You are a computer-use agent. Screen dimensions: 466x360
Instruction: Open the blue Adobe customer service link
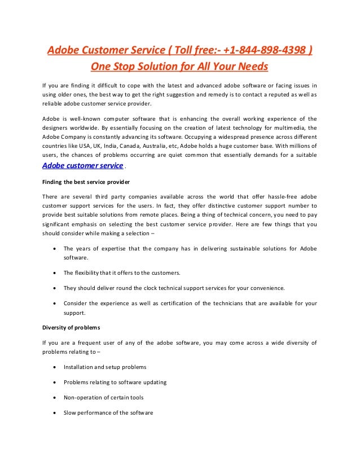82,166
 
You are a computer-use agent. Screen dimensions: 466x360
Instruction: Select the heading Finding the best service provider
85,182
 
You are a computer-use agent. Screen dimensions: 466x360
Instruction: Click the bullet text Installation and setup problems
105,367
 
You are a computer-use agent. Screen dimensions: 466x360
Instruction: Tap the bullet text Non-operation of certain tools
103,397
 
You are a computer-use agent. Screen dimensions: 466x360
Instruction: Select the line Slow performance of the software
108,412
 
